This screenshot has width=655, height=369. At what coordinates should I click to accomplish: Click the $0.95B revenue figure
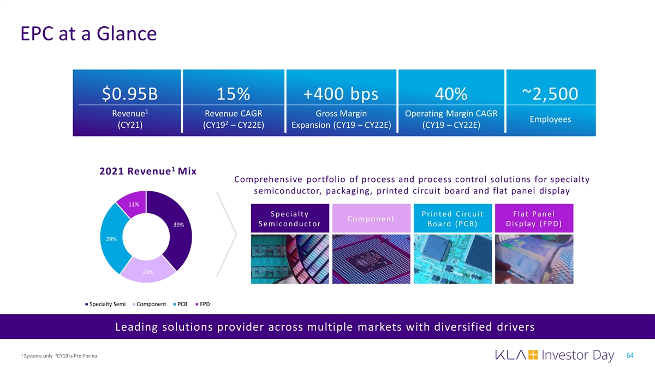click(130, 95)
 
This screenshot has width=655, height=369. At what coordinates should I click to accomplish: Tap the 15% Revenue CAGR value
click(233, 95)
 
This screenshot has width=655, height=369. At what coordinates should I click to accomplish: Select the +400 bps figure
click(342, 95)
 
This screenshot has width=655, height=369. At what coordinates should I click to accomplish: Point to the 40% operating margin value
click(451, 95)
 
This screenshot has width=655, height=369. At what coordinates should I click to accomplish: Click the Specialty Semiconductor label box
click(289, 219)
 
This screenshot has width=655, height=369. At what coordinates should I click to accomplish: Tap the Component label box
click(371, 219)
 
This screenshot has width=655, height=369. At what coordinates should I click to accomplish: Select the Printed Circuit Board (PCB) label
click(452, 219)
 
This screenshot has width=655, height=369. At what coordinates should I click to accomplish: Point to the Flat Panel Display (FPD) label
click(534, 219)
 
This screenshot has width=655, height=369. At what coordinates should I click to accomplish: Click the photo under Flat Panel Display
click(534, 259)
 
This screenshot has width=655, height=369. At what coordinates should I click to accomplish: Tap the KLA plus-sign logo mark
click(533, 356)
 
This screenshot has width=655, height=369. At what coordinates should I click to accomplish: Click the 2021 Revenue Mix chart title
click(148, 171)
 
